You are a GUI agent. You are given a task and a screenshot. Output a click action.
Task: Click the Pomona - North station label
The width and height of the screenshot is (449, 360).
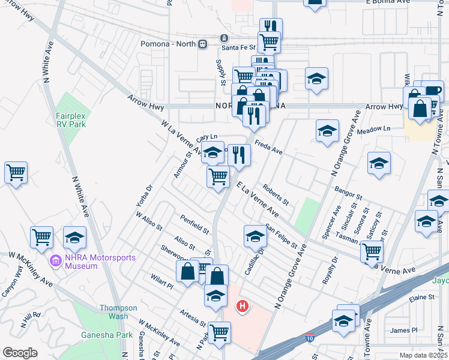point(167,44)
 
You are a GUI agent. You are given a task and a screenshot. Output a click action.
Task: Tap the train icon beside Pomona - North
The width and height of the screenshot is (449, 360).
point(203,44)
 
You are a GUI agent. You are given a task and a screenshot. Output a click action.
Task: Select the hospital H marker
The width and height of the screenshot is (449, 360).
point(242,307)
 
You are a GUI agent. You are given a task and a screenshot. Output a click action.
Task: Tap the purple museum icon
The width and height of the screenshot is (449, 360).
point(56,262)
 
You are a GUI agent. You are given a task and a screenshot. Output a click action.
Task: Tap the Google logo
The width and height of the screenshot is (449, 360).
point(20,353)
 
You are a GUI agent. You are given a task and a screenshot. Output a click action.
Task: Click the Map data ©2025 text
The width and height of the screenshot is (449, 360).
point(423,355)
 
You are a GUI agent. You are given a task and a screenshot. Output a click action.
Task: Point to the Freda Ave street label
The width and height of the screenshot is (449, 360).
point(268,147)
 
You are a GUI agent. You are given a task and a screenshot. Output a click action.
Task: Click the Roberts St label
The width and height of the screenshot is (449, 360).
point(276,193)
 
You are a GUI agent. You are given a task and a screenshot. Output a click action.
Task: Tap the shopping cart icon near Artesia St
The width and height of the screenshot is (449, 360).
point(220,331)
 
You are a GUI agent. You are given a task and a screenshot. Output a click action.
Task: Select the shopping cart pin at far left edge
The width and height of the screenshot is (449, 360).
point(16,172)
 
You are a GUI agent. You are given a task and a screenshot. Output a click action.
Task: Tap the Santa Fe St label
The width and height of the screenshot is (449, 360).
point(234,47)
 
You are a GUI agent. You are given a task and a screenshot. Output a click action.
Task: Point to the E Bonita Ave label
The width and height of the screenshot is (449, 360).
point(387,2)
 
